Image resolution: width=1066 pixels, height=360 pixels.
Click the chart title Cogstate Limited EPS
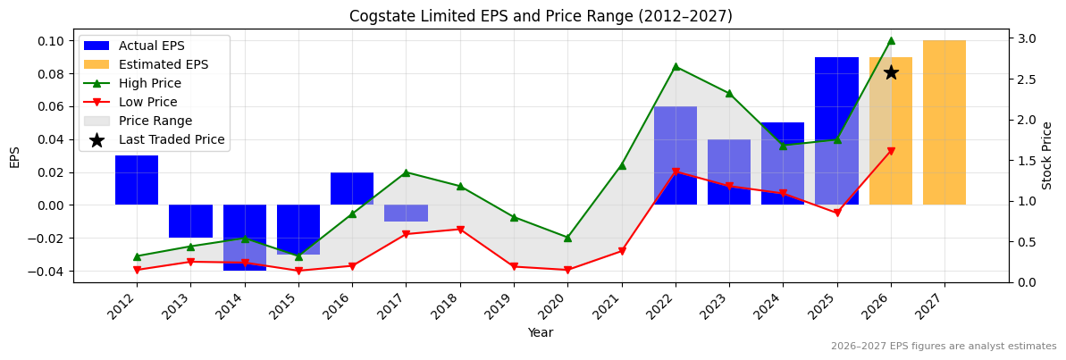pyautogui.click(x=541, y=16)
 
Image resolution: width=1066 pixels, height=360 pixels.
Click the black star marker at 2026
pyautogui.click(x=891, y=72)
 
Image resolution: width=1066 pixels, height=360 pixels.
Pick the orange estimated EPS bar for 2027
pyautogui.click(x=944, y=122)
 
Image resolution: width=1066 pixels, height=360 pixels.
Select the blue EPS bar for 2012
pyautogui.click(x=137, y=180)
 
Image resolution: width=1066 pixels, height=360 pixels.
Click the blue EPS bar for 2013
pyautogui.click(x=190, y=221)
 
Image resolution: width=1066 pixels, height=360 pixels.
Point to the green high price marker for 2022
pyautogui.click(x=676, y=66)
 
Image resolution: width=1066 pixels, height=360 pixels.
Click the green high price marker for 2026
pyautogui.click(x=891, y=40)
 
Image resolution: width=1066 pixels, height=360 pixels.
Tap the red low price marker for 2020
pyautogui.click(x=567, y=270)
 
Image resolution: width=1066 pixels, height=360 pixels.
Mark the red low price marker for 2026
pyautogui.click(x=891, y=151)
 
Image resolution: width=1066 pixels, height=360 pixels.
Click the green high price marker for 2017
pyautogui.click(x=406, y=172)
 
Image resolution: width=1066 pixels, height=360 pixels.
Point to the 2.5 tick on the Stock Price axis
pyautogui.click(x=1027, y=80)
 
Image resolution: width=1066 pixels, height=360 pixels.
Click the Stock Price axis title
pyautogui.click(x=1047, y=155)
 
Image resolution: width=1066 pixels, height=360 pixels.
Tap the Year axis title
pyautogui.click(x=541, y=333)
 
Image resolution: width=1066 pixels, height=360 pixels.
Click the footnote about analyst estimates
pyautogui.click(x=944, y=347)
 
